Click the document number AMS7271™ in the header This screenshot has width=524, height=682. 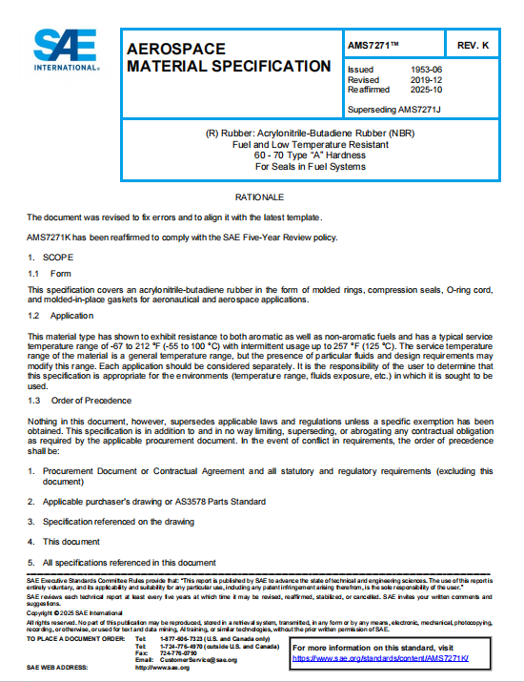(x=374, y=46)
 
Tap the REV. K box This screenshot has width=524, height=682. (x=473, y=46)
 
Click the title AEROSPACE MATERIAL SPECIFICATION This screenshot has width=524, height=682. (x=229, y=57)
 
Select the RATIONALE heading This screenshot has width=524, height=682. (x=261, y=196)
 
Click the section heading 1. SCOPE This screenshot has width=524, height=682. (x=45, y=258)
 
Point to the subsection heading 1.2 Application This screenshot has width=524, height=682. (x=58, y=315)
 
